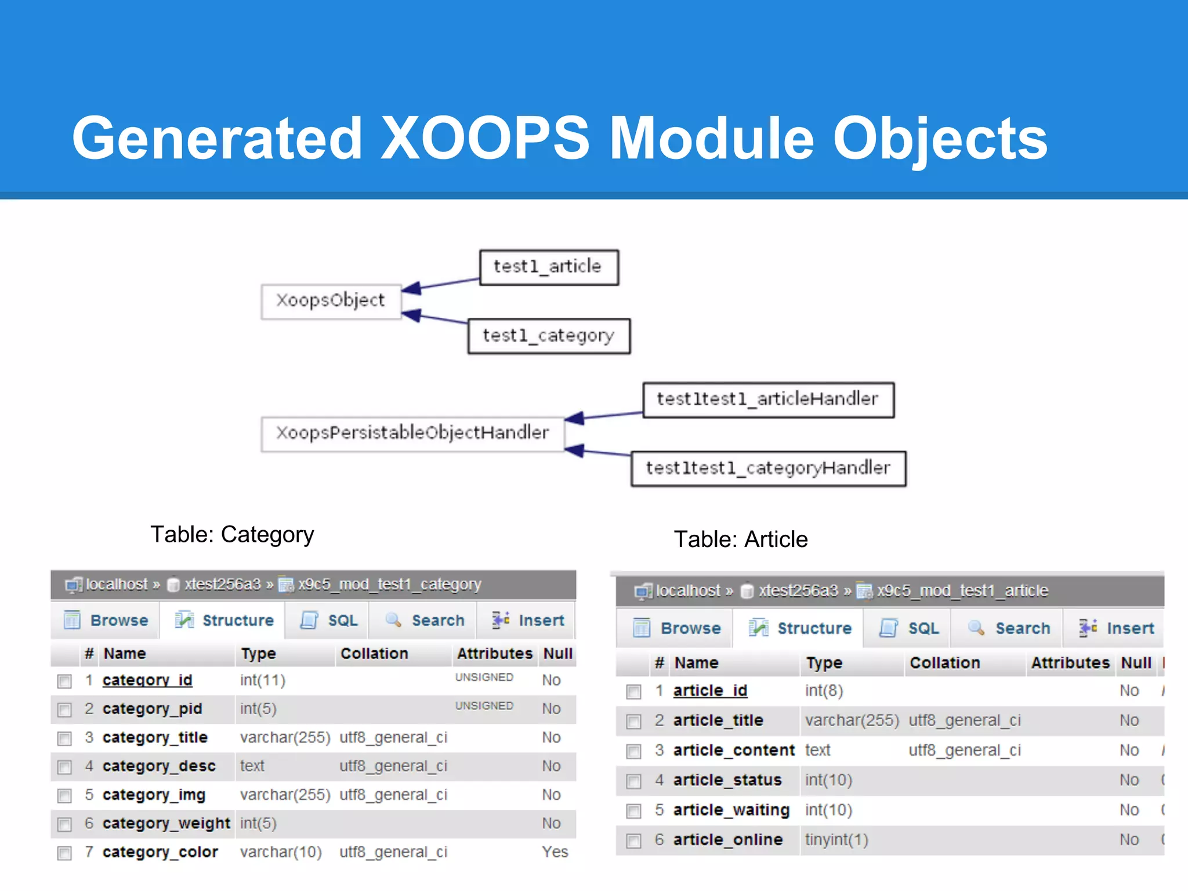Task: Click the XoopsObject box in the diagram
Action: click(331, 301)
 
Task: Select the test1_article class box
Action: click(548, 267)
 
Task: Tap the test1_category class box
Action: click(548, 336)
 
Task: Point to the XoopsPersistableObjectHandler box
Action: click(412, 433)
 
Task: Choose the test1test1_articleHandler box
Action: click(767, 400)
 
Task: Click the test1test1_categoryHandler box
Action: click(767, 468)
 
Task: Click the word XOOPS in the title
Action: click(484, 139)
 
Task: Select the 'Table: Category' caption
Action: click(232, 534)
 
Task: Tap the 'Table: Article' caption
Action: click(741, 539)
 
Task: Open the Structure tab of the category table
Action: click(225, 621)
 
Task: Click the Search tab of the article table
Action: click(1010, 628)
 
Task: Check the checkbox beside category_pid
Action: click(64, 709)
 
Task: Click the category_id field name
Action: click(147, 680)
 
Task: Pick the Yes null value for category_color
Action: click(555, 852)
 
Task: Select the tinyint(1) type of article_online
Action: click(836, 840)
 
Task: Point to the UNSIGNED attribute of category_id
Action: click(484, 678)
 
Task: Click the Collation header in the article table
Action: click(944, 663)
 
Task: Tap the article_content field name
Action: click(733, 751)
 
